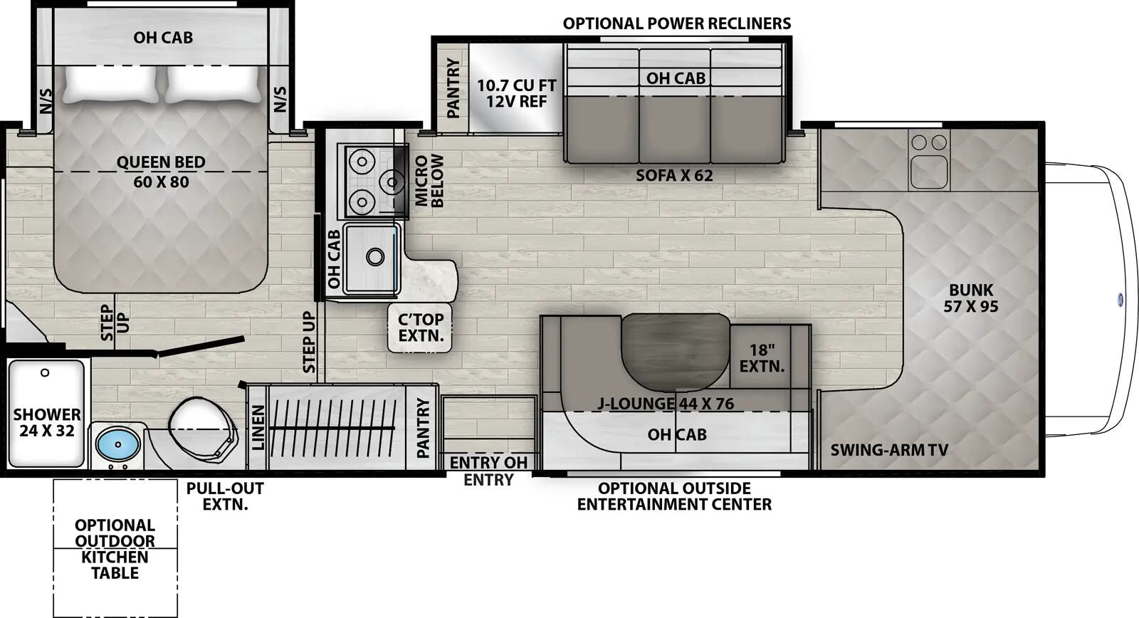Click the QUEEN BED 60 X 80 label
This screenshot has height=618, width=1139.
(161, 172)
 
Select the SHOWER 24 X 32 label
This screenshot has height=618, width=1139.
(47, 422)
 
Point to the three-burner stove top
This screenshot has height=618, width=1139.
(374, 181)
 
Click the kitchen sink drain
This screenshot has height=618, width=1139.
(374, 256)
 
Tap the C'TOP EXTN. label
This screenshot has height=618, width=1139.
(421, 328)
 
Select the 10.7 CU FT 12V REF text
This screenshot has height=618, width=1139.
(516, 93)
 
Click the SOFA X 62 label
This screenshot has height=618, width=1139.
(674, 175)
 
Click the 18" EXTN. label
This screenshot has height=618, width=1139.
(762, 358)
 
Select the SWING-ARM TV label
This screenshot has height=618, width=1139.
(888, 450)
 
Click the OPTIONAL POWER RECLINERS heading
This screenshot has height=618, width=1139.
(676, 23)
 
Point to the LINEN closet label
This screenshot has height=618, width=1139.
(258, 427)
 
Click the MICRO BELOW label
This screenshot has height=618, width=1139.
(429, 181)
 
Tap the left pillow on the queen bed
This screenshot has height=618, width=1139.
(111, 84)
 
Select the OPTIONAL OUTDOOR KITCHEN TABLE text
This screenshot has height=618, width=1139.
(115, 549)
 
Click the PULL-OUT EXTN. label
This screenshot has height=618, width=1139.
(225, 496)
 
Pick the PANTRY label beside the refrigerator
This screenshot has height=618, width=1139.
(453, 88)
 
